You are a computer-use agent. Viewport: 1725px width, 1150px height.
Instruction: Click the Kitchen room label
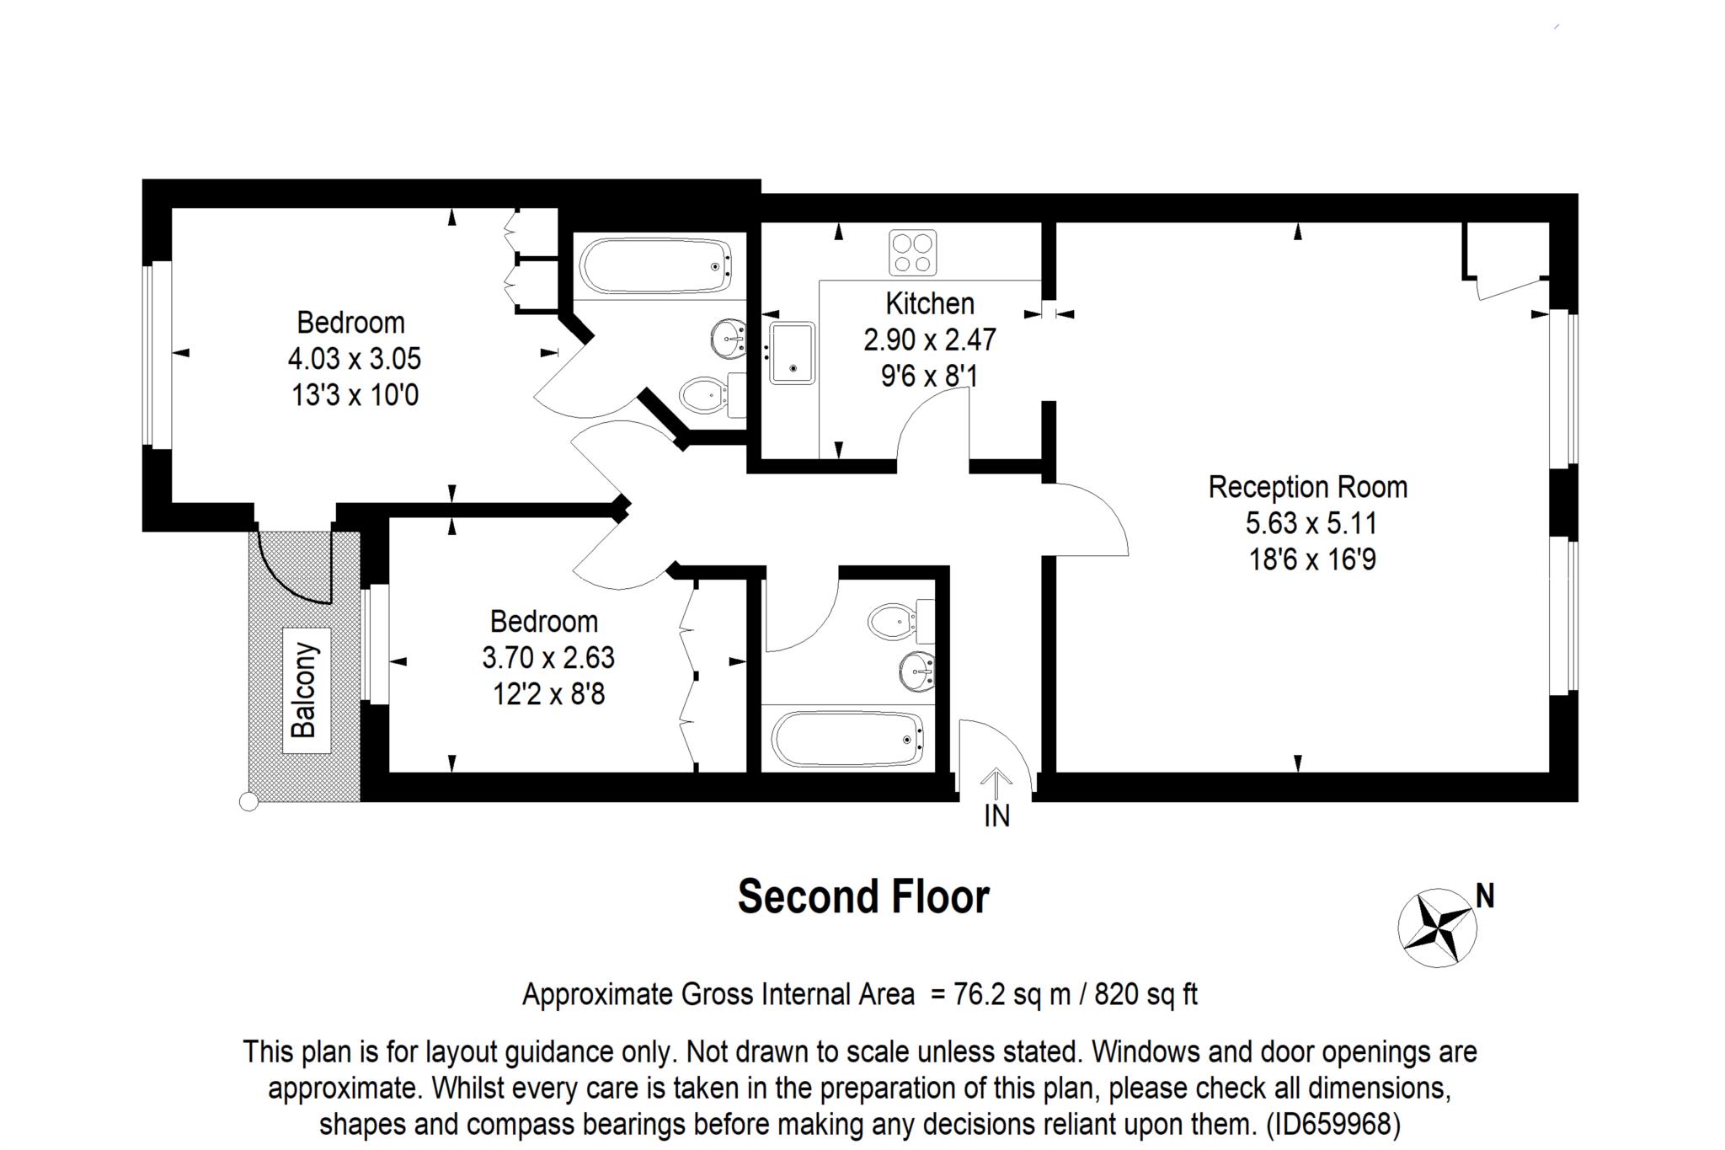(929, 303)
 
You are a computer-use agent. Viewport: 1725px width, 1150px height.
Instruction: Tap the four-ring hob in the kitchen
(912, 253)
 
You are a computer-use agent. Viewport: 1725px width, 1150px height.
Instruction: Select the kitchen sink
(791, 353)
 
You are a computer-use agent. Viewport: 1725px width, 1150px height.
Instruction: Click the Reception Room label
(1307, 487)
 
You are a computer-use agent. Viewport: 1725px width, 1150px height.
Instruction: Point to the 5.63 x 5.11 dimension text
(1311, 523)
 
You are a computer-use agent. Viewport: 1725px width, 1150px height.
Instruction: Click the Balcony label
(304, 690)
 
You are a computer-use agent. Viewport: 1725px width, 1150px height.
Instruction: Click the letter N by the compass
(1485, 896)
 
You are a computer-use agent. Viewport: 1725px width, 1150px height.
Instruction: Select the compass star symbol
(1437, 928)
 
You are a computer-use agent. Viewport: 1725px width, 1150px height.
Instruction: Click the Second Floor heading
(863, 897)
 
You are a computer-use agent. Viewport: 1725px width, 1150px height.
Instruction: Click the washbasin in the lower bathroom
(917, 671)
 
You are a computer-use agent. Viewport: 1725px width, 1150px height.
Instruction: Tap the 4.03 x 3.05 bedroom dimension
(354, 359)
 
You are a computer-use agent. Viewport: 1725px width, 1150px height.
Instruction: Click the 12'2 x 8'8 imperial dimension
(548, 694)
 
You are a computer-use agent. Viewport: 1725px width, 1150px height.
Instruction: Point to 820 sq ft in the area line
(1146, 995)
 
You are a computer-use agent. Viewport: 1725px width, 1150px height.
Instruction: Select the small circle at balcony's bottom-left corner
(248, 802)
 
